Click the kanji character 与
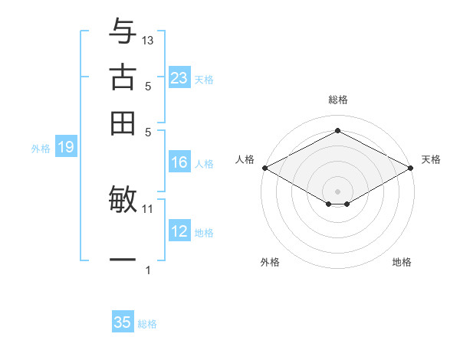click(x=123, y=31)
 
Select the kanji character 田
click(x=123, y=123)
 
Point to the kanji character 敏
click(x=123, y=199)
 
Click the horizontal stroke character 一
click(x=123, y=260)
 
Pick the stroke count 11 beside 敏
click(x=148, y=208)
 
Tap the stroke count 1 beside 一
click(x=148, y=270)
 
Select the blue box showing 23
click(x=179, y=78)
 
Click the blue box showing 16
click(x=179, y=162)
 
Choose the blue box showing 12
click(x=179, y=231)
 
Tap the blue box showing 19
click(x=66, y=147)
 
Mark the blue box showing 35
click(x=123, y=322)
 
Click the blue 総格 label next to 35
click(x=147, y=324)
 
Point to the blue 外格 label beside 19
click(x=41, y=149)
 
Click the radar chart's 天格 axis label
click(x=431, y=159)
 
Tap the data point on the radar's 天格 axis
click(x=411, y=168)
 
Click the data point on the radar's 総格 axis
click(x=337, y=131)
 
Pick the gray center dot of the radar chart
click(x=337, y=190)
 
